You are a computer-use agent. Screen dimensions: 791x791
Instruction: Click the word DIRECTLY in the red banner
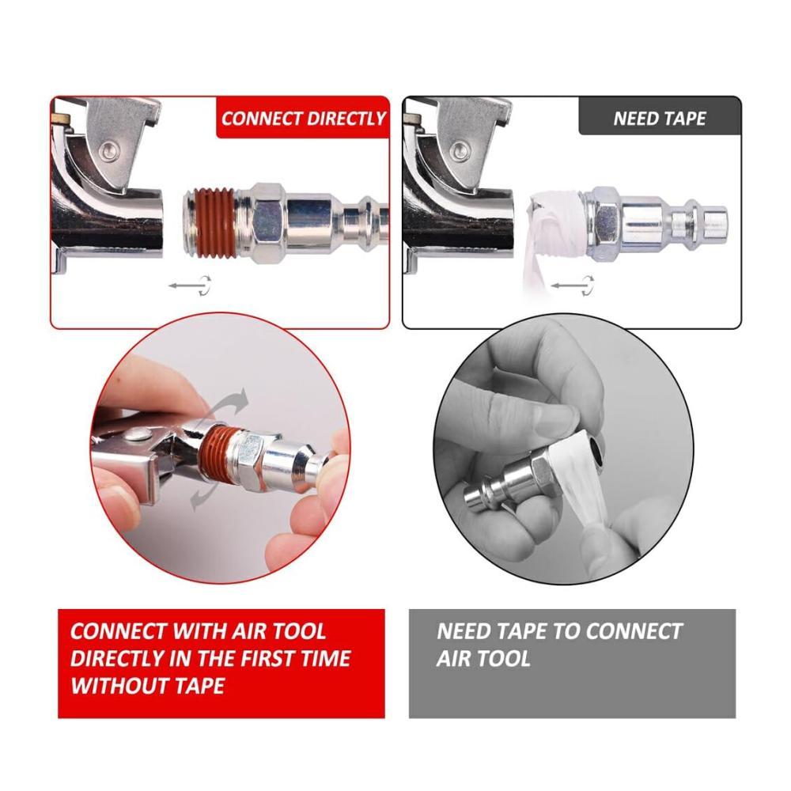click(x=346, y=119)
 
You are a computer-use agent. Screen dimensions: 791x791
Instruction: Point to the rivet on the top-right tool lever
click(x=461, y=149)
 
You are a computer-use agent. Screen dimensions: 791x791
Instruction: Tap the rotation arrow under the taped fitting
click(x=572, y=286)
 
